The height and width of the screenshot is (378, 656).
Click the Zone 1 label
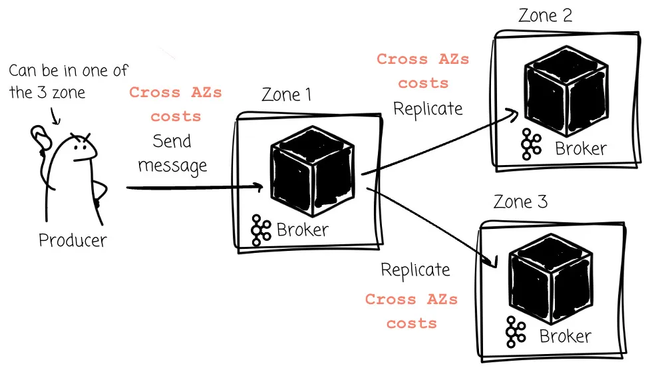coord(286,94)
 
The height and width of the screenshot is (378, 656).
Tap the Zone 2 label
coord(545,16)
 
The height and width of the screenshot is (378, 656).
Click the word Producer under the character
coord(73,240)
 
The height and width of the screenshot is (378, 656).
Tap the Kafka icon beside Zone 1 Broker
coord(261,230)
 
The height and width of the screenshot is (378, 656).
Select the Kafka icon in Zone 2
coord(532,143)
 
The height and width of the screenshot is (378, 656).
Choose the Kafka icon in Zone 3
coord(516,331)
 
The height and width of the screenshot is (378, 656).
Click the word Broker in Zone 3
coord(565,336)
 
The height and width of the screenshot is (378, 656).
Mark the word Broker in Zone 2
coord(581,148)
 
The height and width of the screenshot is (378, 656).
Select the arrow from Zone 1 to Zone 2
coord(439,142)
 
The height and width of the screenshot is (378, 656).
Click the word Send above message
coord(172,141)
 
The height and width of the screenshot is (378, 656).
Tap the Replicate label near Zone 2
coord(428,108)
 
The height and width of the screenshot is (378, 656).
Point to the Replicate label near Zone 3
coord(415,270)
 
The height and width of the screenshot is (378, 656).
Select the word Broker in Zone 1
coord(303,230)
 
